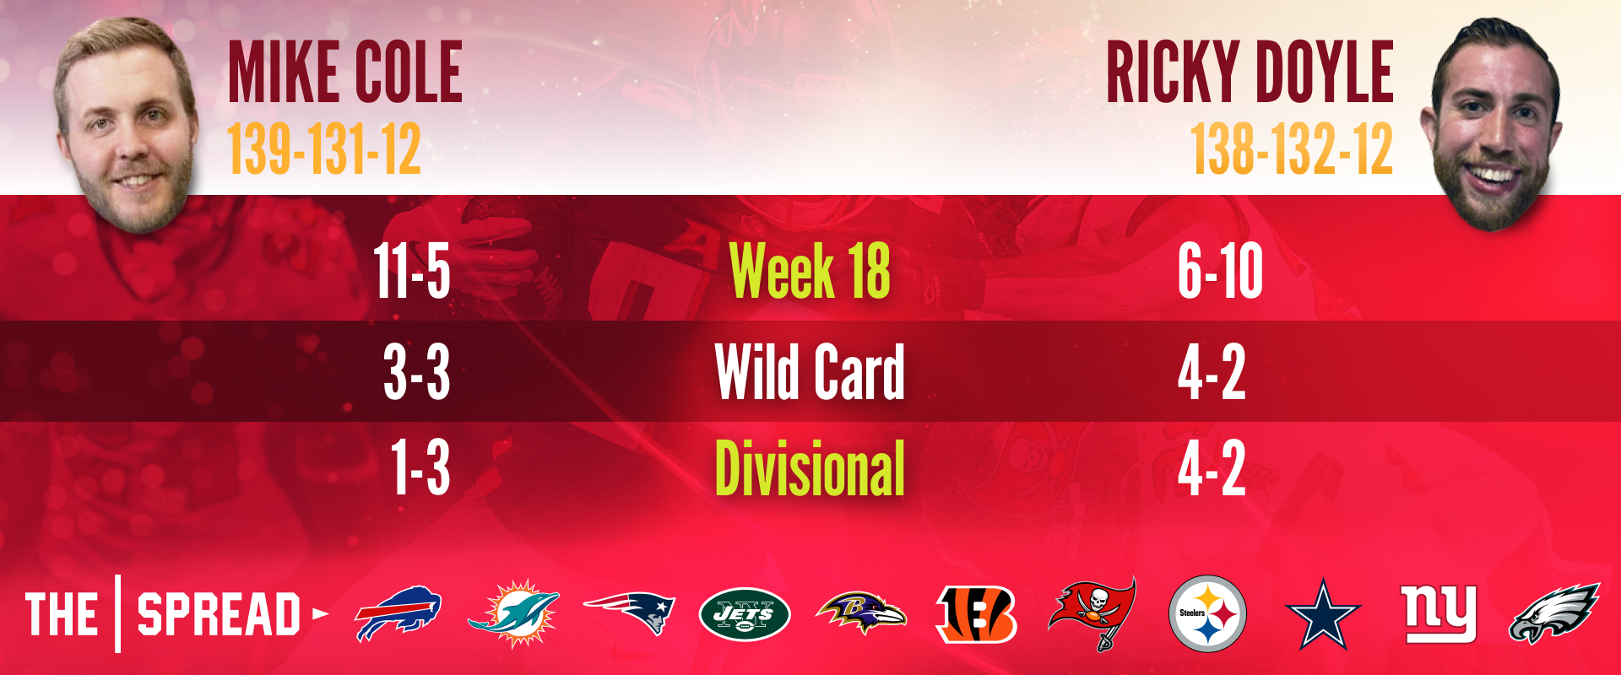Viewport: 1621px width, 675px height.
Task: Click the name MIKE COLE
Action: [x=345, y=73]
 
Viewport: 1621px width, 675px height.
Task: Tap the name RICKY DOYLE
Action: [x=1250, y=73]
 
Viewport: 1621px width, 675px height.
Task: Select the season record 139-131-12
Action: [x=324, y=149]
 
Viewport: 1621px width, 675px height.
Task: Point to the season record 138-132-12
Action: [x=1292, y=149]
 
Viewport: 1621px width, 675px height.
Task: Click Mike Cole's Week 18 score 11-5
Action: [x=412, y=271]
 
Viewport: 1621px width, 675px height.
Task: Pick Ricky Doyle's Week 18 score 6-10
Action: [x=1220, y=271]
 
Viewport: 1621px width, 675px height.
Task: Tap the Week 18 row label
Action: [x=810, y=271]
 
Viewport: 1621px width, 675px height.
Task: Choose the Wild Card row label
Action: [x=810, y=371]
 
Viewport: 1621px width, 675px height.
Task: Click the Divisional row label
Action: [x=810, y=468]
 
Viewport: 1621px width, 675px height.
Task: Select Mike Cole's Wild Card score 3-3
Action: [x=416, y=372]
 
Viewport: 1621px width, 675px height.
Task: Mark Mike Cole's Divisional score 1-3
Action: [x=420, y=468]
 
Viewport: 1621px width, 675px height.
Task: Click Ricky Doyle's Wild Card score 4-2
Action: [x=1212, y=372]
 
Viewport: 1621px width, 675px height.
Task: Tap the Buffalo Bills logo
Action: [x=398, y=613]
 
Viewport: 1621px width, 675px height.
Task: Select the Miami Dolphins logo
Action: [x=513, y=613]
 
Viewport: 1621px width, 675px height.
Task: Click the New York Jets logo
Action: [x=745, y=614]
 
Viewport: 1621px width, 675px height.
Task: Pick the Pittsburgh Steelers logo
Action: [x=1207, y=613]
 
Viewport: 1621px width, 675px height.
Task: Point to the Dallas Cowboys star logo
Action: [x=1322, y=614]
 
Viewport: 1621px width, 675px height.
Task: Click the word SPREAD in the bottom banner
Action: [x=219, y=613]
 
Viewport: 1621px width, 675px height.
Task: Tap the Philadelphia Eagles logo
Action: [x=1554, y=613]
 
